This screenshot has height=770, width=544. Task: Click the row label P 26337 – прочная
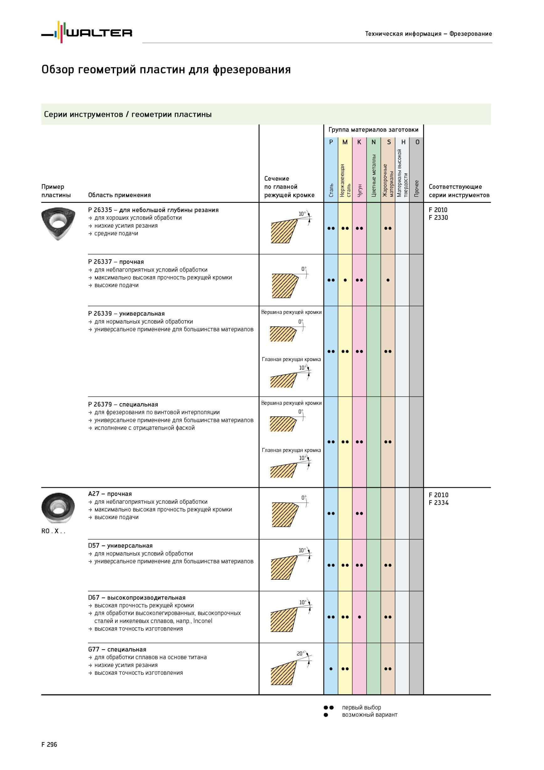pos(116,262)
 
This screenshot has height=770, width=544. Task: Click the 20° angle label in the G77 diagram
pos(301,653)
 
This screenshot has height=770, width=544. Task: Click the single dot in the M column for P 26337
pos(345,280)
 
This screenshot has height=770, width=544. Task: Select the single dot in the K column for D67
pos(359,617)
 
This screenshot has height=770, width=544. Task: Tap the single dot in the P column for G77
pos(331,669)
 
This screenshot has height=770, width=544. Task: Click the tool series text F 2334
pos(438,503)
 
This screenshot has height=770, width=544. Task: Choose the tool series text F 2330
pos(438,218)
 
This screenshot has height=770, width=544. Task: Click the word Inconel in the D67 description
pos(202,621)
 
